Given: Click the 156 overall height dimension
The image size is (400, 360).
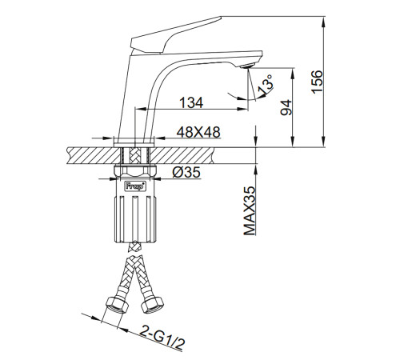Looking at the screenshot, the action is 318,82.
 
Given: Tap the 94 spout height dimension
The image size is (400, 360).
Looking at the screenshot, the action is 286,107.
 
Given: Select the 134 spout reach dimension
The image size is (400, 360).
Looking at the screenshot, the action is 191,102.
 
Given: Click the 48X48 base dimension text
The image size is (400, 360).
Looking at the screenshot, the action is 198,132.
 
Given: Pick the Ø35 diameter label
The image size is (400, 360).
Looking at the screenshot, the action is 186,173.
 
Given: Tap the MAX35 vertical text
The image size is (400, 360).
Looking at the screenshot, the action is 250,210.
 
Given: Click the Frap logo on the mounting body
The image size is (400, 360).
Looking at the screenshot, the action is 135,186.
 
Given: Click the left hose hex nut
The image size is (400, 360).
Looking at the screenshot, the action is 118,305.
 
